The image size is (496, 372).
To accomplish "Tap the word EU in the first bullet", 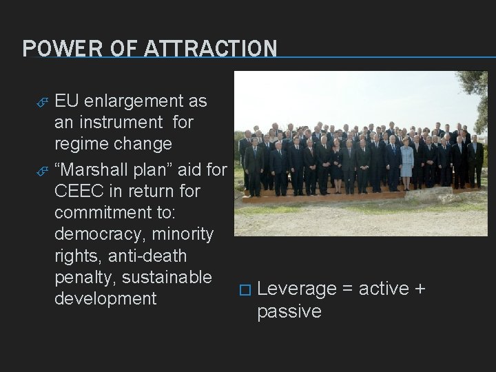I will coord(67,101).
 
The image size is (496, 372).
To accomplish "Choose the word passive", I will coord(289,312).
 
